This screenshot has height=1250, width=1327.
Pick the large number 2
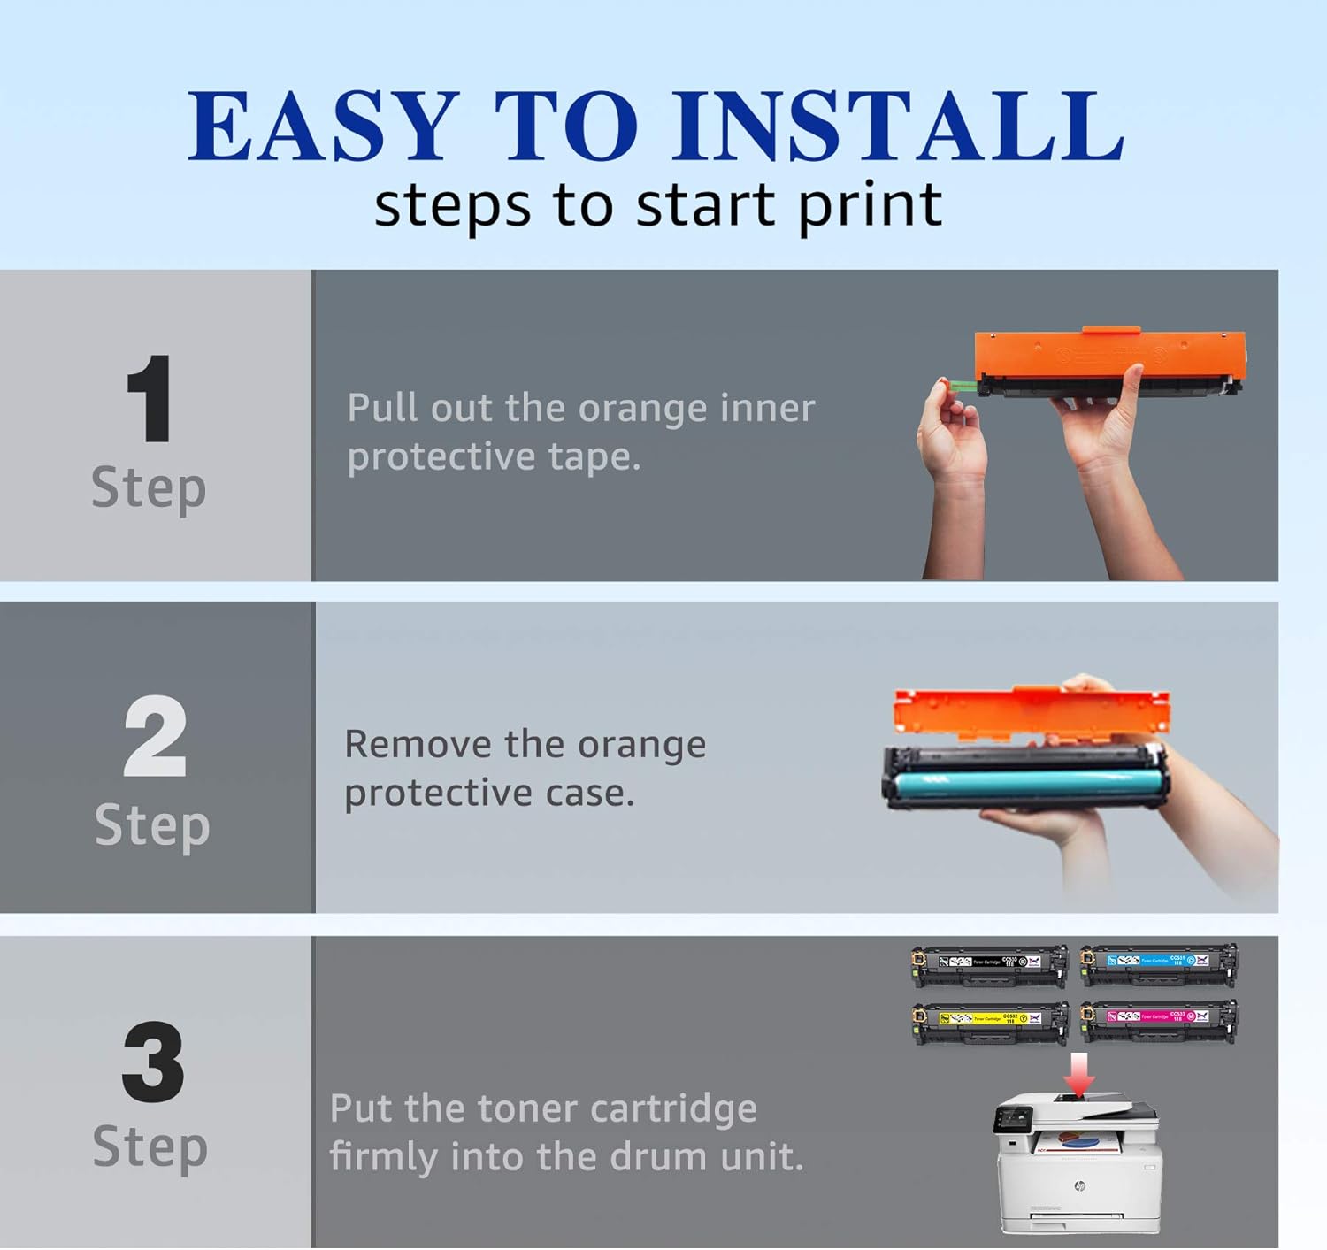pyautogui.click(x=155, y=736)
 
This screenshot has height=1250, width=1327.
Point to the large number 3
pyautogui.click(x=153, y=1062)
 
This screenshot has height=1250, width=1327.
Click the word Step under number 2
pyautogui.click(x=152, y=826)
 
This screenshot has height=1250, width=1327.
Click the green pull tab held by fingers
pyautogui.click(x=960, y=387)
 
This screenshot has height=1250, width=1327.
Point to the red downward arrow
pyautogui.click(x=1078, y=1072)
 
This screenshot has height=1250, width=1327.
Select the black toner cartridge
pyautogui.click(x=989, y=966)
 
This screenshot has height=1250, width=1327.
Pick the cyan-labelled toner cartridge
pyautogui.click(x=1159, y=964)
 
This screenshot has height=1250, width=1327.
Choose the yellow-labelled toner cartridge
pyautogui.click(x=989, y=1023)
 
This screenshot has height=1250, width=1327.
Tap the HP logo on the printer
pyautogui.click(x=1078, y=1186)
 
